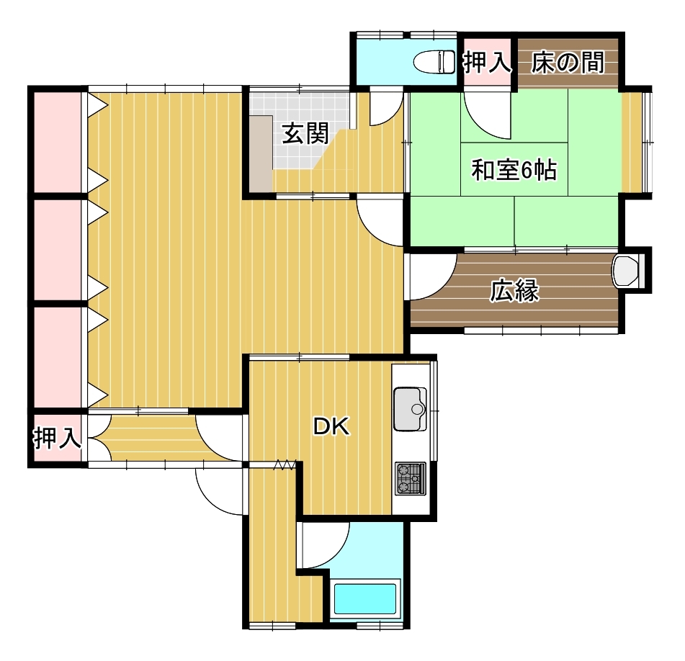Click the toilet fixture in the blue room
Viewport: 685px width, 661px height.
pyautogui.click(x=434, y=61)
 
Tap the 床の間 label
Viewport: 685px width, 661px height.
pyautogui.click(x=568, y=62)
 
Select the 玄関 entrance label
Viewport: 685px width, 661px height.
pyautogui.click(x=305, y=133)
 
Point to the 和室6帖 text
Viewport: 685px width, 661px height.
pyautogui.click(x=514, y=170)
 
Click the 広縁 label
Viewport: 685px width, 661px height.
pyautogui.click(x=514, y=290)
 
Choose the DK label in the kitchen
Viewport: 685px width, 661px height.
pyautogui.click(x=331, y=426)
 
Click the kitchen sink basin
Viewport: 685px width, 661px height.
pyautogui.click(x=411, y=409)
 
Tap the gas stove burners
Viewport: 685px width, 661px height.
pyautogui.click(x=411, y=479)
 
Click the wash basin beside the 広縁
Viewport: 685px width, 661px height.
pyautogui.click(x=626, y=271)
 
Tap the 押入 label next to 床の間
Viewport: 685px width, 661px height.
pyautogui.click(x=487, y=62)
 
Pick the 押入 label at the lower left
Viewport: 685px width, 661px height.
pyautogui.click(x=57, y=438)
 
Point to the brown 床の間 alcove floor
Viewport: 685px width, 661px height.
pyautogui.click(x=568, y=62)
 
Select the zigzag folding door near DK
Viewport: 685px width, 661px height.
pyautogui.click(x=285, y=465)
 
